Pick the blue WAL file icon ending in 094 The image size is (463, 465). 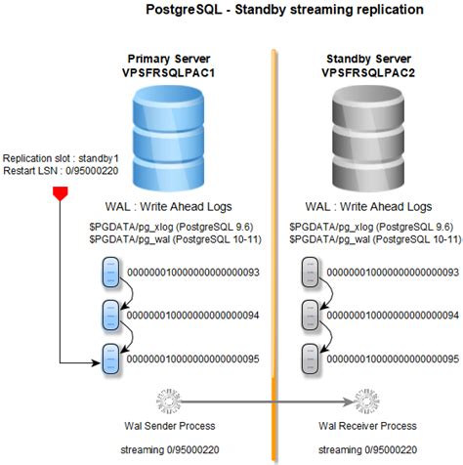[x=112, y=316]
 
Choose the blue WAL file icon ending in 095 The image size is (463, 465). [x=112, y=358]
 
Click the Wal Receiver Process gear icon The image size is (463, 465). [x=361, y=402]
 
